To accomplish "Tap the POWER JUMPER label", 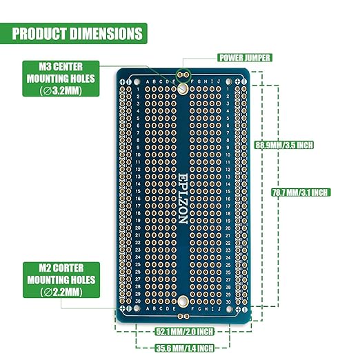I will click(244, 58).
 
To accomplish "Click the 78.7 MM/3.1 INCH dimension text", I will click(299, 192).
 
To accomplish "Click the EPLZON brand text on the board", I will click(182, 197).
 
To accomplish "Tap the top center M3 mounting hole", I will click(182, 89).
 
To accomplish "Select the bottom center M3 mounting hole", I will click(182, 301).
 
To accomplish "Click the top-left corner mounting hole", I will click(123, 81).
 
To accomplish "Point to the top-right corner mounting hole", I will click(240, 81).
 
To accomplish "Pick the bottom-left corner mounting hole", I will click(123, 310).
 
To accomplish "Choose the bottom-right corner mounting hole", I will click(240, 310).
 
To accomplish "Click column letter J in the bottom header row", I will click(221, 309).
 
